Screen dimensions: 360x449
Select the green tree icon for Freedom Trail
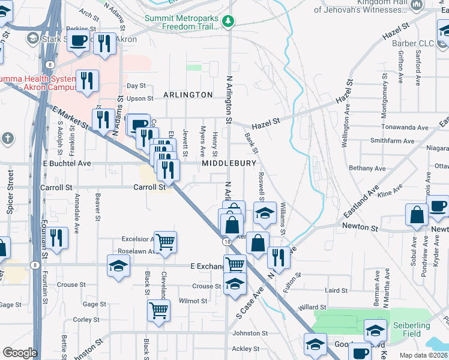tap(228, 22)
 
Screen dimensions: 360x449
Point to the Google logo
tap(20, 353)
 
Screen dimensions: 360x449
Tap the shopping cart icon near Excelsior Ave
tap(165, 242)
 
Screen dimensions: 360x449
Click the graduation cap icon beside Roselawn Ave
tap(118, 265)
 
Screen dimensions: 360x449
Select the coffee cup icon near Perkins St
tap(78, 41)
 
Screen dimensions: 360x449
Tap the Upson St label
tap(140, 98)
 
